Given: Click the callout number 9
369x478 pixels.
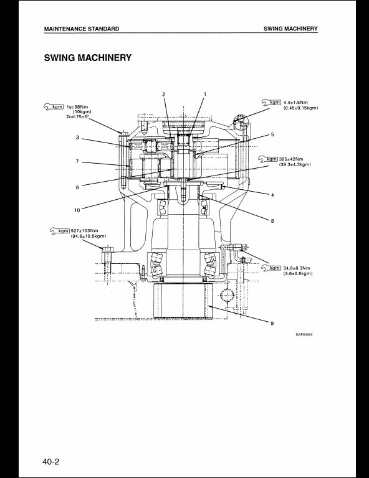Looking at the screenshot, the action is click(x=272, y=324).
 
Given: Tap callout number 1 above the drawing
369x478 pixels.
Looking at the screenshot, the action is click(x=205, y=94).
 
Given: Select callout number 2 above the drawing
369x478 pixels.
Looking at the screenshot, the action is click(x=163, y=94).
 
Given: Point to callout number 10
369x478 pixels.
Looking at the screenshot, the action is click(x=77, y=210).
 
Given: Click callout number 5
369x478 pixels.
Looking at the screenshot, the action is click(x=272, y=134).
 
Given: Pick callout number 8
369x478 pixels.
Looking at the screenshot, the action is click(x=272, y=221).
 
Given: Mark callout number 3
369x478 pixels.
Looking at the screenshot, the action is click(x=77, y=138).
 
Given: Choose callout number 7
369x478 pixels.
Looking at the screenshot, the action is click(x=77, y=161).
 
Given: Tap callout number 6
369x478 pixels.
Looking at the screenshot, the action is click(x=77, y=187).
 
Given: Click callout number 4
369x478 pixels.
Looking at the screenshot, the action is click(x=272, y=195).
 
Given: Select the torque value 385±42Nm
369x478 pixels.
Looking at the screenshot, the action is click(x=291, y=159).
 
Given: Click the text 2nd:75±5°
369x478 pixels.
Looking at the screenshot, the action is click(x=77, y=117).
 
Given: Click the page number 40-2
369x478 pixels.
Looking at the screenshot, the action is click(x=51, y=462).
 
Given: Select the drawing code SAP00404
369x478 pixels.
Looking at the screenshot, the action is click(x=304, y=334).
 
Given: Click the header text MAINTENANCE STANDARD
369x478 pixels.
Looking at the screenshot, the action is click(x=82, y=29).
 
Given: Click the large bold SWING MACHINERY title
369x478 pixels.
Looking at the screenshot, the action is click(x=88, y=58).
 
